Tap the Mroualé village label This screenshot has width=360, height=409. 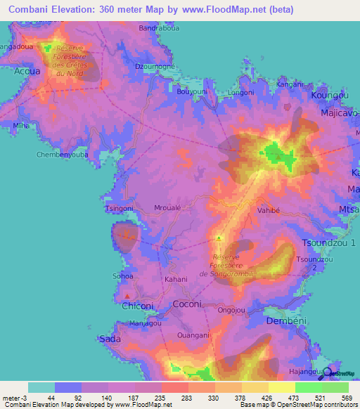(168, 208)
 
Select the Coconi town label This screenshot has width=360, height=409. (188, 304)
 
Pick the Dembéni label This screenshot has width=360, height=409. (284, 320)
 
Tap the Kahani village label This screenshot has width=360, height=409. (176, 279)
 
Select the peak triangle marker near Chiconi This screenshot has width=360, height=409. (127, 295)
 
